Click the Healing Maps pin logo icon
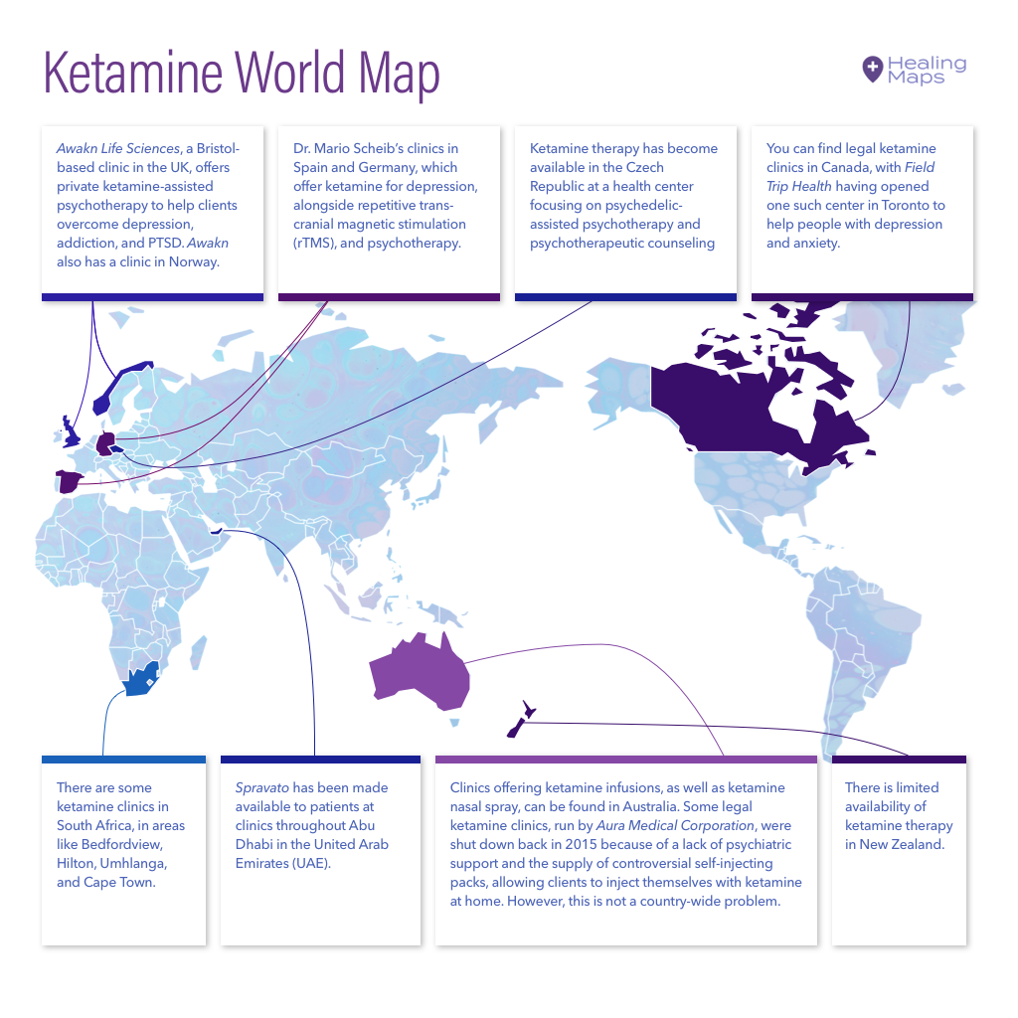pyautogui.click(x=872, y=69)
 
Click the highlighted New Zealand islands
pyautogui.click(x=521, y=721)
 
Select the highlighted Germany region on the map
pyautogui.click(x=104, y=442)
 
